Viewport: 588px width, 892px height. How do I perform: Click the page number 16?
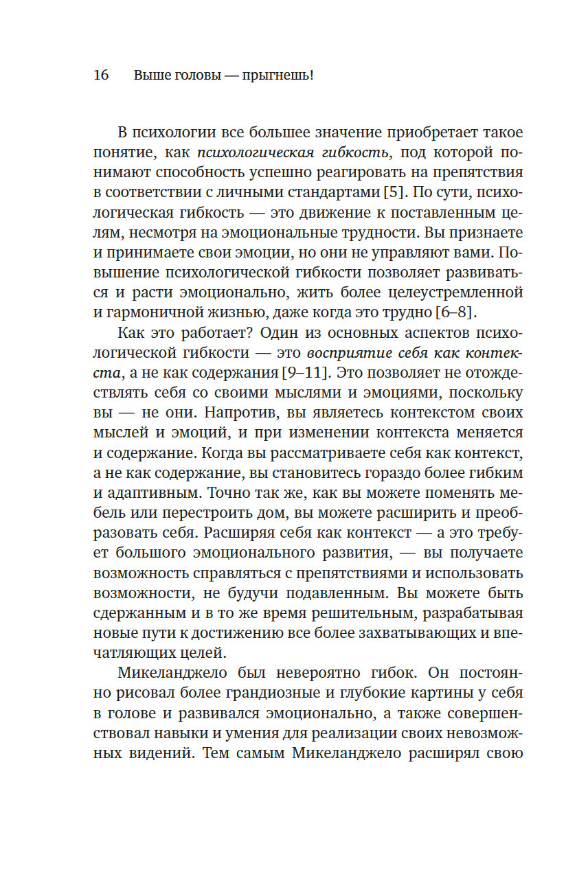[x=100, y=76]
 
